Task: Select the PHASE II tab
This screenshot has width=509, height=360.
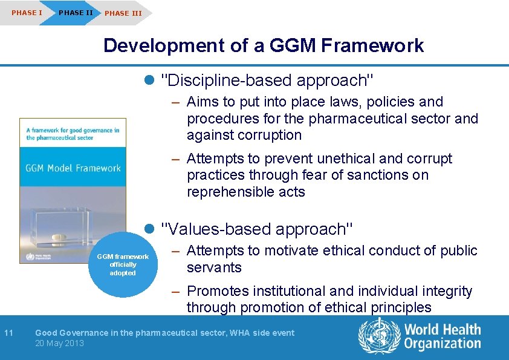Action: coord(76,13)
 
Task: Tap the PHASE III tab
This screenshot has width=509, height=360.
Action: coord(123,13)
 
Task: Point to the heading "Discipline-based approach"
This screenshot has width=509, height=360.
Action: coord(269,80)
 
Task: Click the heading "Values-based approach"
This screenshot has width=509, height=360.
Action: coord(258,229)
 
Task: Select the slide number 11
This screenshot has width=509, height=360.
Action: coord(8,332)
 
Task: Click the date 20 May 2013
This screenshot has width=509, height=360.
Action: coord(59,343)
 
